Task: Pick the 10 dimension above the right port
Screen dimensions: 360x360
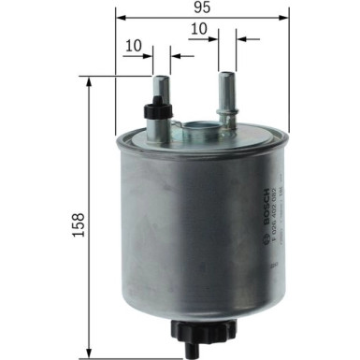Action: pos(197,29)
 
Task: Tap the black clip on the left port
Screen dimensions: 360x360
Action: pos(154,110)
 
